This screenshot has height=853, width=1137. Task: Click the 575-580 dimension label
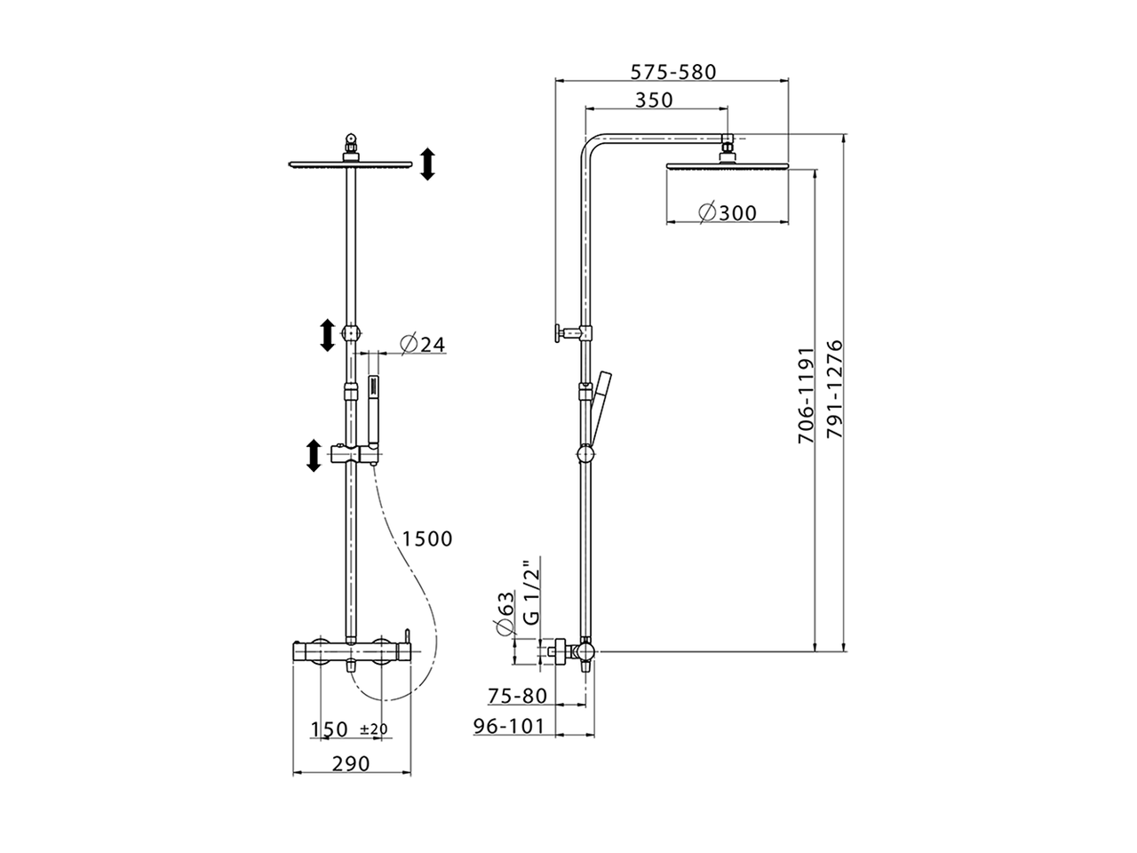(672, 72)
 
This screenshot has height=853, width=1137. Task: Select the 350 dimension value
(654, 100)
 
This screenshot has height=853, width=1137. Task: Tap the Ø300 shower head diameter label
(727, 212)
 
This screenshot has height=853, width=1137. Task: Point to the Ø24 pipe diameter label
(422, 344)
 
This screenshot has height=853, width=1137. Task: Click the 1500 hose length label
(426, 538)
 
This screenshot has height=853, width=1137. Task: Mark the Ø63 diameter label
(504, 613)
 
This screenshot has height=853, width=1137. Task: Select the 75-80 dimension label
(516, 696)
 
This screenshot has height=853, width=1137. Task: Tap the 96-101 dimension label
(508, 726)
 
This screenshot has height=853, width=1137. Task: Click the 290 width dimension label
(352, 763)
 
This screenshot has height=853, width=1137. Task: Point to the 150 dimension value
(329, 729)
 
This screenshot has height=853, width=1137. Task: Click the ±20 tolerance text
(374, 729)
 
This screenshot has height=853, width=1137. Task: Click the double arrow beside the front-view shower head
(427, 164)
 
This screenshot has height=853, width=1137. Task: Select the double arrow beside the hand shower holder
(313, 454)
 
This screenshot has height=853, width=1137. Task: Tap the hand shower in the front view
(373, 412)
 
